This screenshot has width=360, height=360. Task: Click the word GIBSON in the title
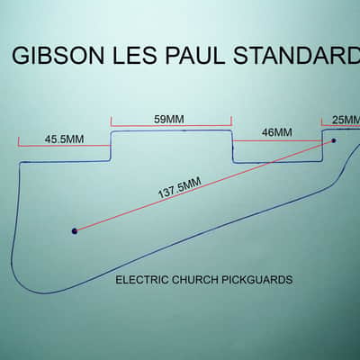click(x=58, y=56)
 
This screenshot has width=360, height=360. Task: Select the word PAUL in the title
click(x=194, y=56)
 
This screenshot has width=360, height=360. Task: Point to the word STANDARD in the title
click(x=296, y=56)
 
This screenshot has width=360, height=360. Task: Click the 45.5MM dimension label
click(x=64, y=139)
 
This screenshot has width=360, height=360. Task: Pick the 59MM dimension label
click(x=169, y=120)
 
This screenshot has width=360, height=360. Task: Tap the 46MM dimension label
click(x=276, y=132)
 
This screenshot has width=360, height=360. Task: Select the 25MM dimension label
click(x=346, y=120)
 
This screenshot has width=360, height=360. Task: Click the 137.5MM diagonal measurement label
click(x=179, y=188)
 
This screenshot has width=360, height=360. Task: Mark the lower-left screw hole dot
click(x=75, y=231)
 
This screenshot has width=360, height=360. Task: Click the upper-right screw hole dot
click(x=333, y=140)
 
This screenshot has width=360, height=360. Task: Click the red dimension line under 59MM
click(x=171, y=126)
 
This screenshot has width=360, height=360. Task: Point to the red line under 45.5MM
click(x=64, y=146)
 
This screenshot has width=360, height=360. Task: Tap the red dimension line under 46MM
click(x=277, y=140)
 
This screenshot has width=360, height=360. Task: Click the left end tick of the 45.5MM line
click(x=19, y=142)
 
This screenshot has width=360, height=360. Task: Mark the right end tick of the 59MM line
click(x=231, y=121)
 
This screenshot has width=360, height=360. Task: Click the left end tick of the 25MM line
click(x=321, y=121)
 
